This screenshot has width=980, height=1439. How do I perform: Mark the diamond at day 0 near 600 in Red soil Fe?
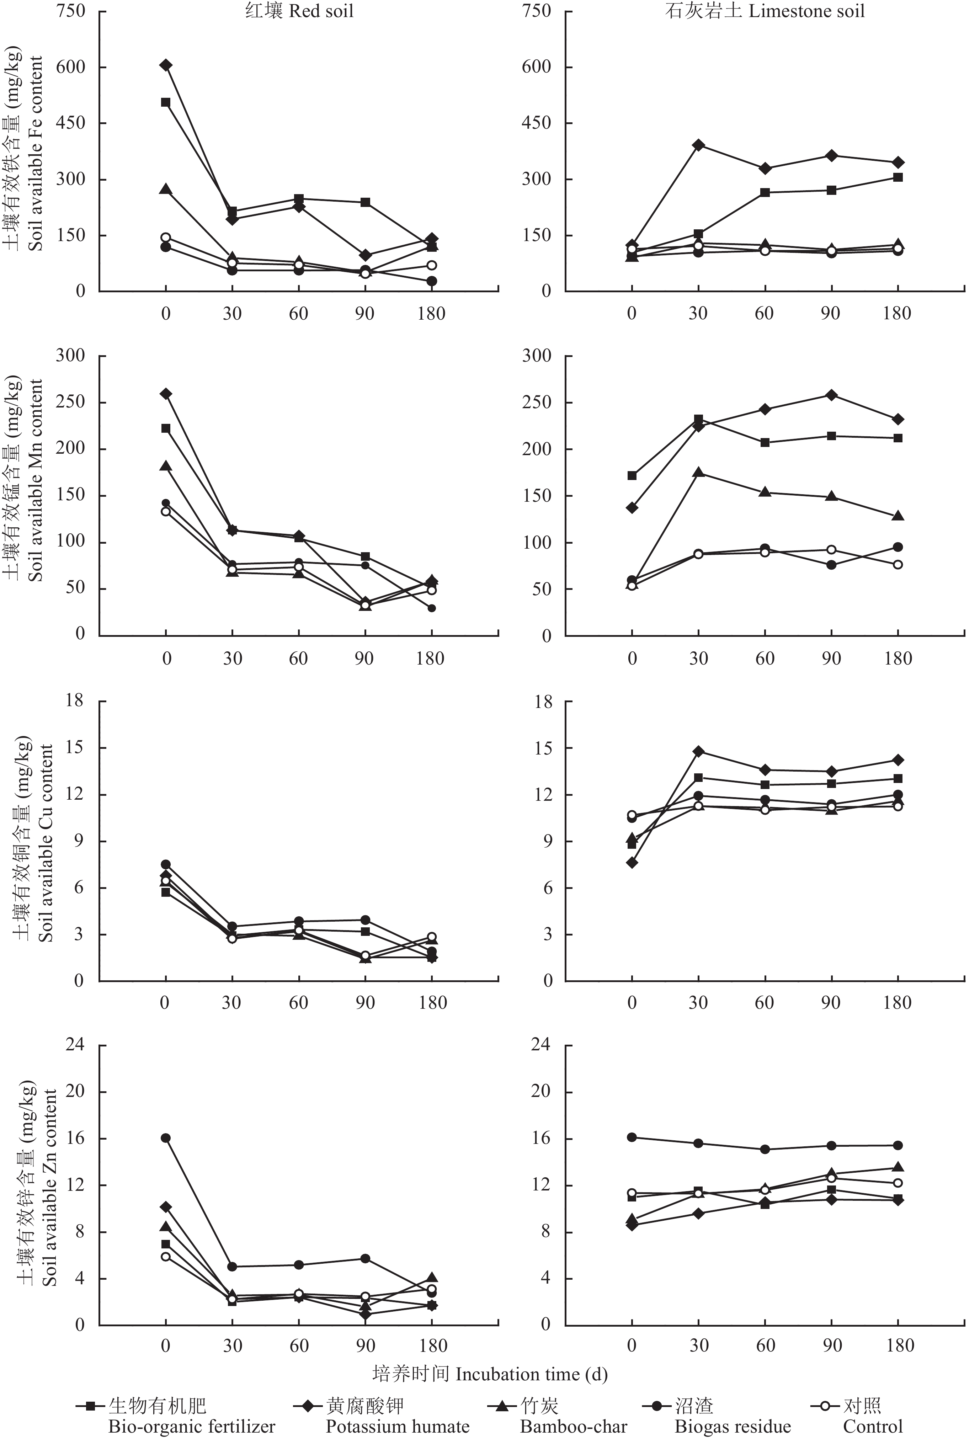(166, 65)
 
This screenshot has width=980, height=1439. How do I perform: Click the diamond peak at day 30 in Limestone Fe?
(698, 145)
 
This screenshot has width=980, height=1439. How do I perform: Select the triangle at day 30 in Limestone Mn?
(698, 473)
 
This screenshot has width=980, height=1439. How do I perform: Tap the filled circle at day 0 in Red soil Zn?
(166, 1138)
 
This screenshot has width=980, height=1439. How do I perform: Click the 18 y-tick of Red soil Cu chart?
(74, 701)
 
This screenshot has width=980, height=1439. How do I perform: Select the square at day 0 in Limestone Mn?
(632, 475)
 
